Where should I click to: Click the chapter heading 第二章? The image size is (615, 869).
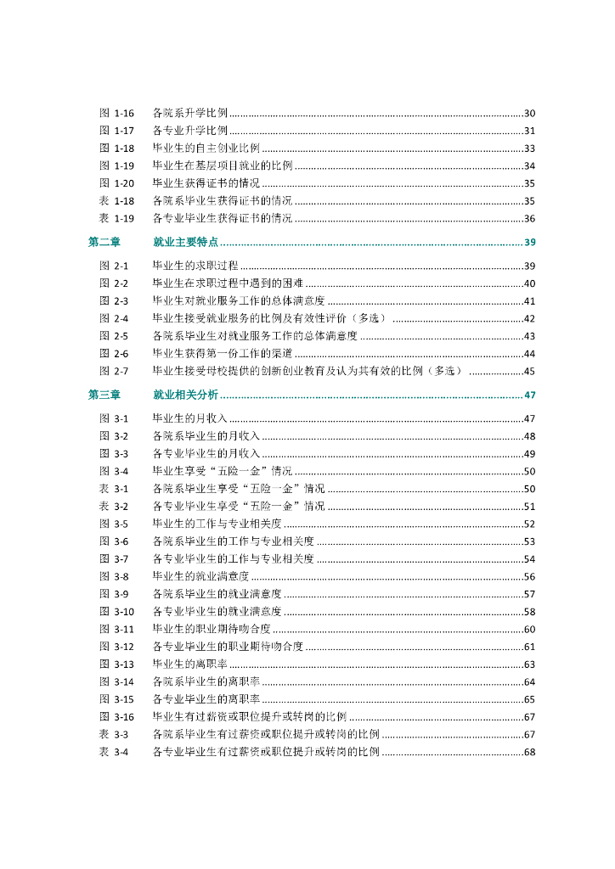104,242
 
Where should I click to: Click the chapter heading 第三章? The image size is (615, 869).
104,395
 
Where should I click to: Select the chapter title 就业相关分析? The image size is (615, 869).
185,395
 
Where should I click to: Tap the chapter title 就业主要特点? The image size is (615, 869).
185,242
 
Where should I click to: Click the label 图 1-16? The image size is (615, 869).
117,113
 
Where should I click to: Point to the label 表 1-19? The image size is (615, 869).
117,218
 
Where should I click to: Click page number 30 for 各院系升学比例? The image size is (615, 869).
528,113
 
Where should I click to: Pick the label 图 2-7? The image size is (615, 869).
114,370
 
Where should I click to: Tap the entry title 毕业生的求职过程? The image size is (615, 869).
195,266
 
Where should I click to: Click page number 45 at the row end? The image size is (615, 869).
528,370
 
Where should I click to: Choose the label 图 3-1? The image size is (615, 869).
114,418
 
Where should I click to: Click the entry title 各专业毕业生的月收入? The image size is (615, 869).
206,453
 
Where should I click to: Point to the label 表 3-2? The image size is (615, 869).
114,506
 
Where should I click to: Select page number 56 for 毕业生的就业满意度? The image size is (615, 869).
528,576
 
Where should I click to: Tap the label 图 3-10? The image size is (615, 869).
117,611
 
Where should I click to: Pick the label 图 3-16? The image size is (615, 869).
117,716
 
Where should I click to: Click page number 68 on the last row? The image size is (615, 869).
528,752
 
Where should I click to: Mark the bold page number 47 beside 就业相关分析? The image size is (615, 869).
528,395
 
